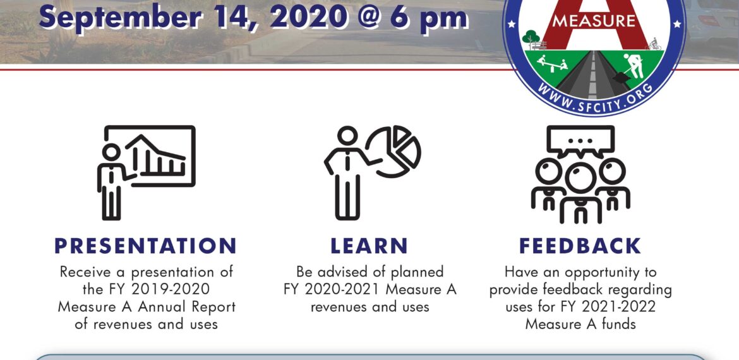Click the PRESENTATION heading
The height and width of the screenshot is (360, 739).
pyautogui.click(x=145, y=246)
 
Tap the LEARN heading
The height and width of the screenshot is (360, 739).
pyautogui.click(x=369, y=246)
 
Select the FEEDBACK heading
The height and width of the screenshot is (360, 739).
pyautogui.click(x=580, y=246)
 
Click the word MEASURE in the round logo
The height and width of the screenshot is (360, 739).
pyautogui.click(x=593, y=21)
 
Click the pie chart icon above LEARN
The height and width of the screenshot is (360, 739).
pyautogui.click(x=394, y=151)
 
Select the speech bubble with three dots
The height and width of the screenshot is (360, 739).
pyautogui.click(x=580, y=141)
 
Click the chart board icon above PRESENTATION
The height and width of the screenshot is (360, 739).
pyautogui.click(x=150, y=156)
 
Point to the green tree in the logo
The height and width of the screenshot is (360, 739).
pyautogui.click(x=531, y=36)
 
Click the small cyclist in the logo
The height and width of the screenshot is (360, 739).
pyautogui.click(x=654, y=44)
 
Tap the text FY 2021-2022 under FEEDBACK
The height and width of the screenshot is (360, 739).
pyautogui.click(x=608, y=306)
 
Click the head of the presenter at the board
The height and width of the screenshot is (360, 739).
pyautogui.click(x=112, y=152)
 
